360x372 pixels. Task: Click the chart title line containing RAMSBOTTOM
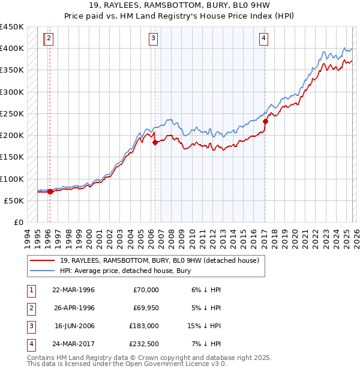[179, 5]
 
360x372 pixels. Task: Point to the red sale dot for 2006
[155, 143]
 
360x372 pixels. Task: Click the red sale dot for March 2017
[265, 121]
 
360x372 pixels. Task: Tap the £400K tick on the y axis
[13, 49]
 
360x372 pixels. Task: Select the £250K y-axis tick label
[13, 113]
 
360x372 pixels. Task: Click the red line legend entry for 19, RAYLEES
[159, 260]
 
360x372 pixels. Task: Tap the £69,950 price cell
[144, 307]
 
